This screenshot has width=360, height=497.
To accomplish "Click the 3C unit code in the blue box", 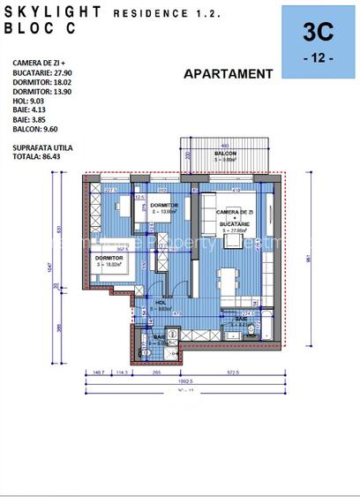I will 318,33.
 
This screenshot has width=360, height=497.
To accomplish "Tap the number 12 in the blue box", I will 318,57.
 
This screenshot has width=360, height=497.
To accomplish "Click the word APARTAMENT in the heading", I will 228,74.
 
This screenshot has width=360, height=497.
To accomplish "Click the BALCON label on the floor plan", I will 225,154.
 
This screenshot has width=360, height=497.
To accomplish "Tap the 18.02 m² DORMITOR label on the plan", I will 109,259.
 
